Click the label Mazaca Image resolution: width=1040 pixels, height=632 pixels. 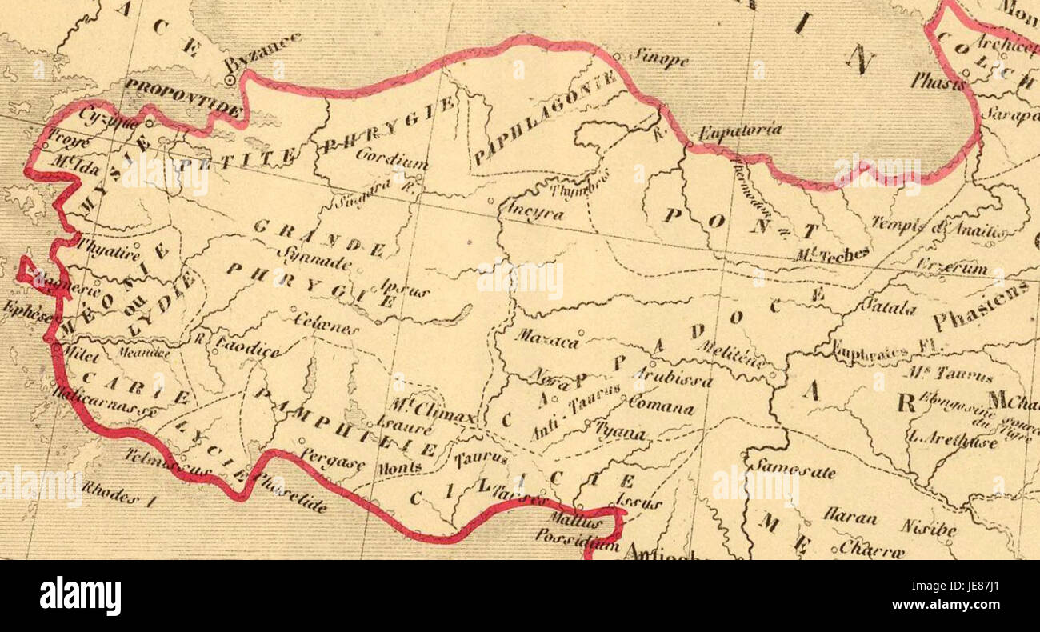(546, 338)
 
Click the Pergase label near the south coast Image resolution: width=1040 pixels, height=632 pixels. (333, 458)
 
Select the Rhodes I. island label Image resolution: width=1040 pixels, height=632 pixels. (110, 491)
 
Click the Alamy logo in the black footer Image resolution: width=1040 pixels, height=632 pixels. (80, 596)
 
